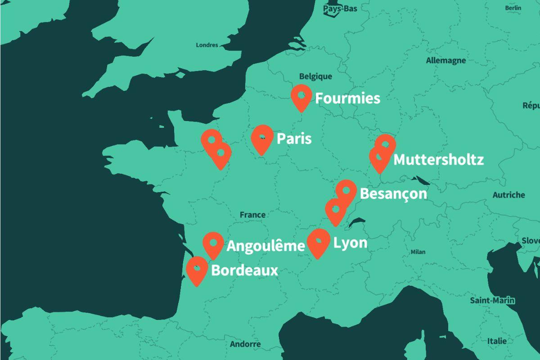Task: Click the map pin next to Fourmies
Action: pyautogui.click(x=301, y=97)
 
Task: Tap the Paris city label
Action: pyautogui.click(x=294, y=139)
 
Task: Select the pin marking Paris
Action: pyautogui.click(x=262, y=138)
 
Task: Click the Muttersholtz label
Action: pyautogui.click(x=439, y=160)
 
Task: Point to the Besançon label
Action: pyautogui.click(x=393, y=193)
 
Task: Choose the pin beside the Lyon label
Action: pyautogui.click(x=318, y=242)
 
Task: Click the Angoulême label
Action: pyautogui.click(x=265, y=246)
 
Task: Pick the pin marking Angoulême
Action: pyautogui.click(x=213, y=244)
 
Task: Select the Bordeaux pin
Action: pyautogui.click(x=197, y=270)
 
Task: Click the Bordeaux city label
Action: pyautogui.click(x=244, y=271)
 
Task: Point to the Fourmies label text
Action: pyautogui.click(x=347, y=98)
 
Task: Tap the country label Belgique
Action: pyautogui.click(x=315, y=76)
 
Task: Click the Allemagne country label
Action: pyautogui.click(x=445, y=60)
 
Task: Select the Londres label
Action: pyautogui.click(x=207, y=45)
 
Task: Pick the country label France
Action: pyautogui.click(x=252, y=215)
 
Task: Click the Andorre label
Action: pyautogui.click(x=245, y=344)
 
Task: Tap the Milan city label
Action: pyautogui.click(x=418, y=252)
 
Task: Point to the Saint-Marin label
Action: pyautogui.click(x=492, y=300)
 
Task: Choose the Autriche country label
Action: pyautogui.click(x=508, y=195)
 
